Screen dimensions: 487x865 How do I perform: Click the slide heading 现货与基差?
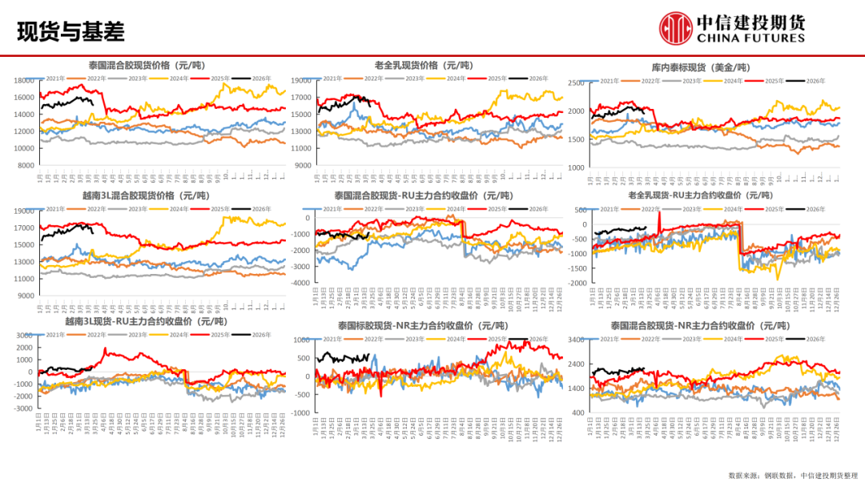[70, 31]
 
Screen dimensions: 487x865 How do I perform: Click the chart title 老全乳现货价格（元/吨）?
[424, 65]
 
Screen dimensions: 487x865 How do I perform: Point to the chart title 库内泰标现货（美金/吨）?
[706, 67]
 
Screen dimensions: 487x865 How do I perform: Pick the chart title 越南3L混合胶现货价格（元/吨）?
[145, 195]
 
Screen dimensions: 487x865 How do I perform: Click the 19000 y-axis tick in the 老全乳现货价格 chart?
[300, 81]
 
